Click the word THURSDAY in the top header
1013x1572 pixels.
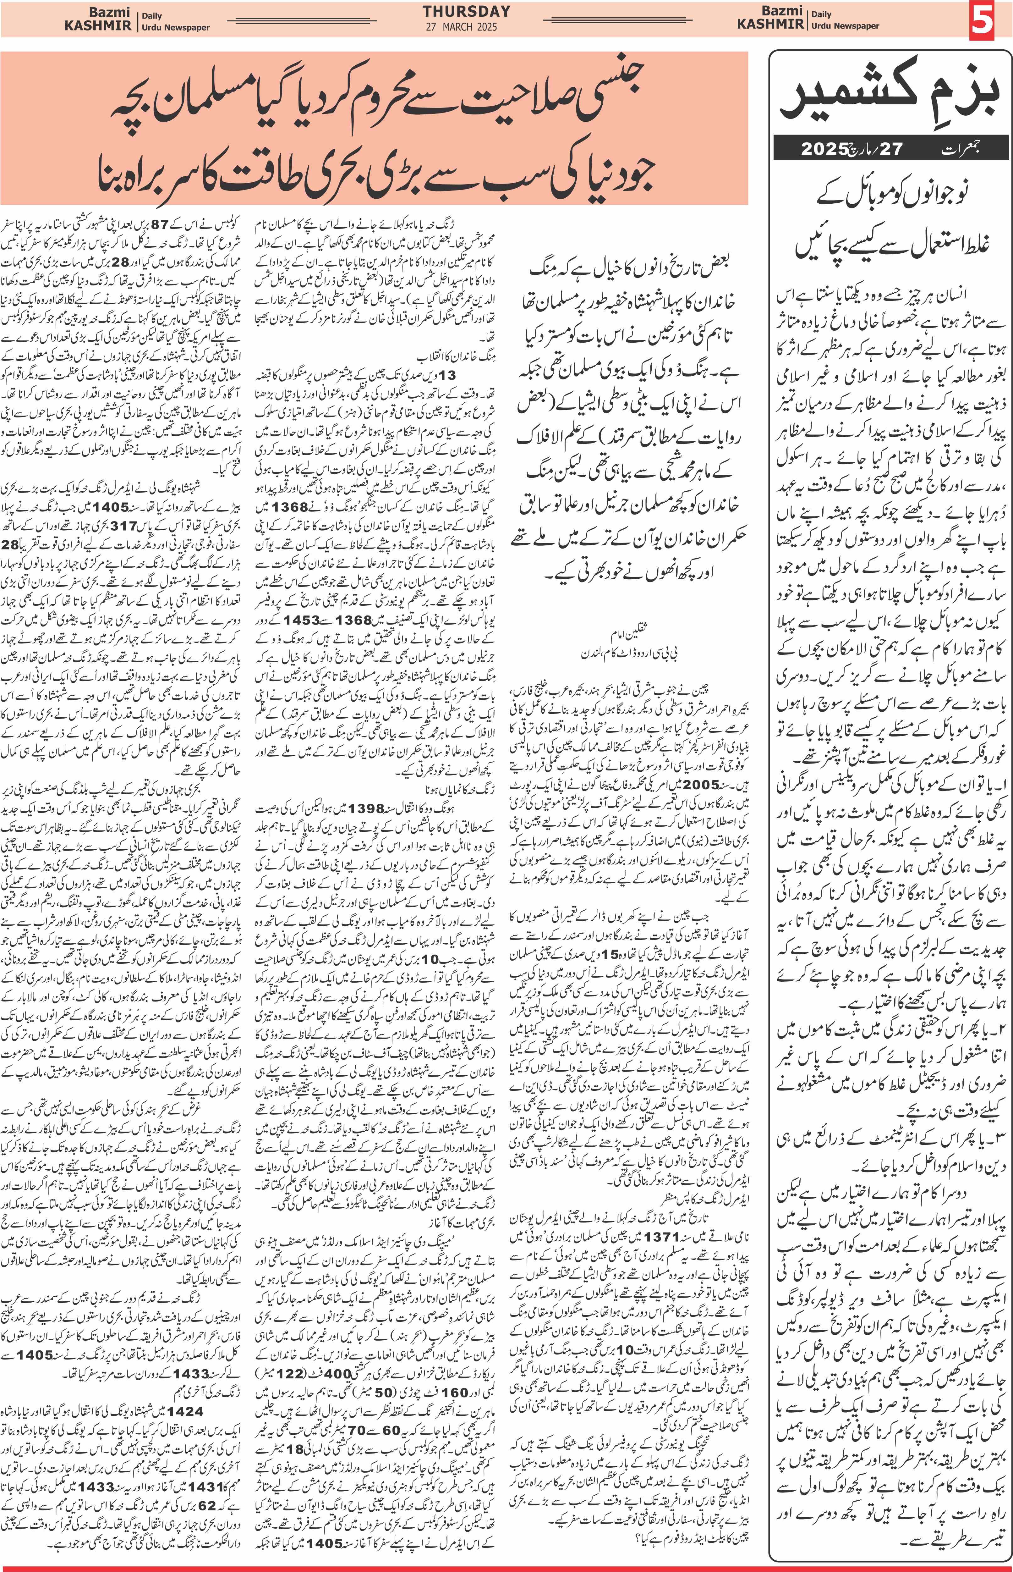466,11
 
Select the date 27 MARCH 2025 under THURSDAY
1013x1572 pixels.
460,27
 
